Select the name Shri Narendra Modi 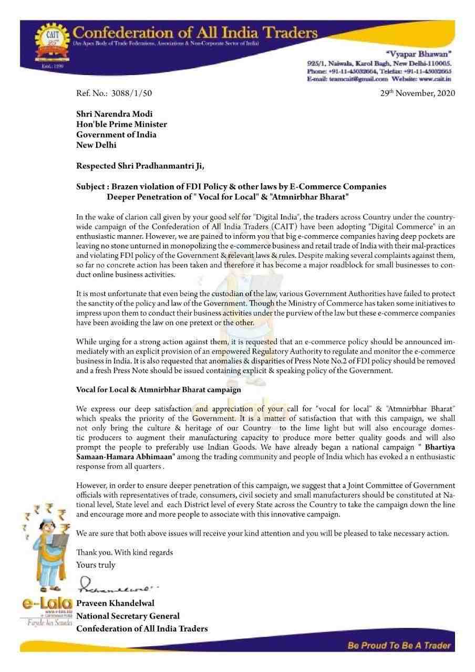[115, 114]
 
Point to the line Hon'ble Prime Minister [121, 124]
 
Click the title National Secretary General [128, 616]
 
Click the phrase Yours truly [96, 565]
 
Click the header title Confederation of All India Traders [196, 33]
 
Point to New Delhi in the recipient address [96, 145]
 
